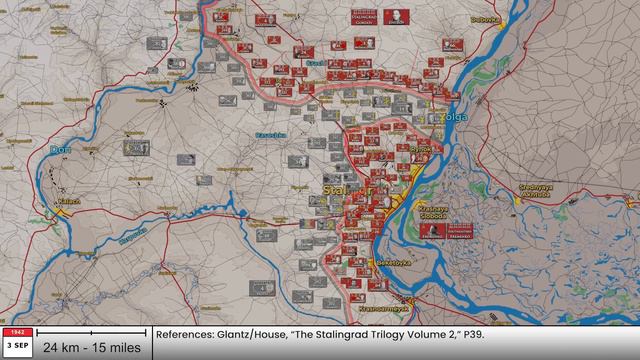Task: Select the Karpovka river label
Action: point(133,238)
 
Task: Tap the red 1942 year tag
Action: point(15,331)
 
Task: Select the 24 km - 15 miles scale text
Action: point(91,347)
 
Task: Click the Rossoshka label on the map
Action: point(272,134)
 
